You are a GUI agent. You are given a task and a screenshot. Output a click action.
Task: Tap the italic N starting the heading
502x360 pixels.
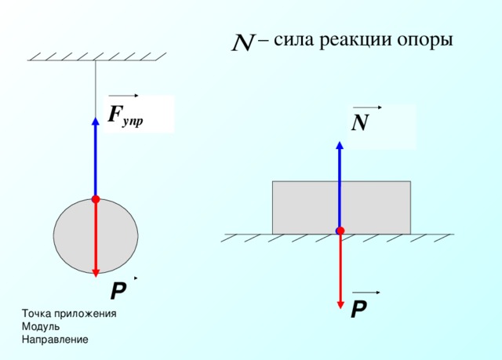(243, 42)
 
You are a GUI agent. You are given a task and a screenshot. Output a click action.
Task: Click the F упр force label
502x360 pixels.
(125, 115)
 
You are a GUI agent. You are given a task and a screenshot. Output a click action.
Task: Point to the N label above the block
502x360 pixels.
(360, 122)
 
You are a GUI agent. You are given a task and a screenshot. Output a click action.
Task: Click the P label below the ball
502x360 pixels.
(118, 291)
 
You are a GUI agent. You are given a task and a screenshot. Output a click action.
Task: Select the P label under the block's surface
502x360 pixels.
(359, 309)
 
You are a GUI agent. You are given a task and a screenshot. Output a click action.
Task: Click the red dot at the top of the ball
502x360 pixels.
(96, 199)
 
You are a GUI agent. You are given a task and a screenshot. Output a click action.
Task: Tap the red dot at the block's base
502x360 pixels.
(340, 231)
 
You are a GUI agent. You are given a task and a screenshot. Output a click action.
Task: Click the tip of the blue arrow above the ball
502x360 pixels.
(96, 118)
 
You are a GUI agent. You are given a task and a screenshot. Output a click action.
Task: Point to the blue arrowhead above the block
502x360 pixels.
(340, 145)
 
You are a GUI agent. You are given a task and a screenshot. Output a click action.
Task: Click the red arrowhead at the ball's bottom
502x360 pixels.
(96, 273)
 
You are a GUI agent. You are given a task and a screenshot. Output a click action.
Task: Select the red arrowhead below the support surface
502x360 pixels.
(340, 304)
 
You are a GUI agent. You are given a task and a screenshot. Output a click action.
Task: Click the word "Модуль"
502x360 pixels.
(41, 327)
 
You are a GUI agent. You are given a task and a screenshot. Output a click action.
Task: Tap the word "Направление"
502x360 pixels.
(55, 339)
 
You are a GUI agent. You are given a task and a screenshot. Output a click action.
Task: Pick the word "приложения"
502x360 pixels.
(85, 314)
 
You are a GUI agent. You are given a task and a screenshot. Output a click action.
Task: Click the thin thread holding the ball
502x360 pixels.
(96, 89)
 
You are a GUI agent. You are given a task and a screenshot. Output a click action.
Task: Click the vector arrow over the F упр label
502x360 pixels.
(123, 96)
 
